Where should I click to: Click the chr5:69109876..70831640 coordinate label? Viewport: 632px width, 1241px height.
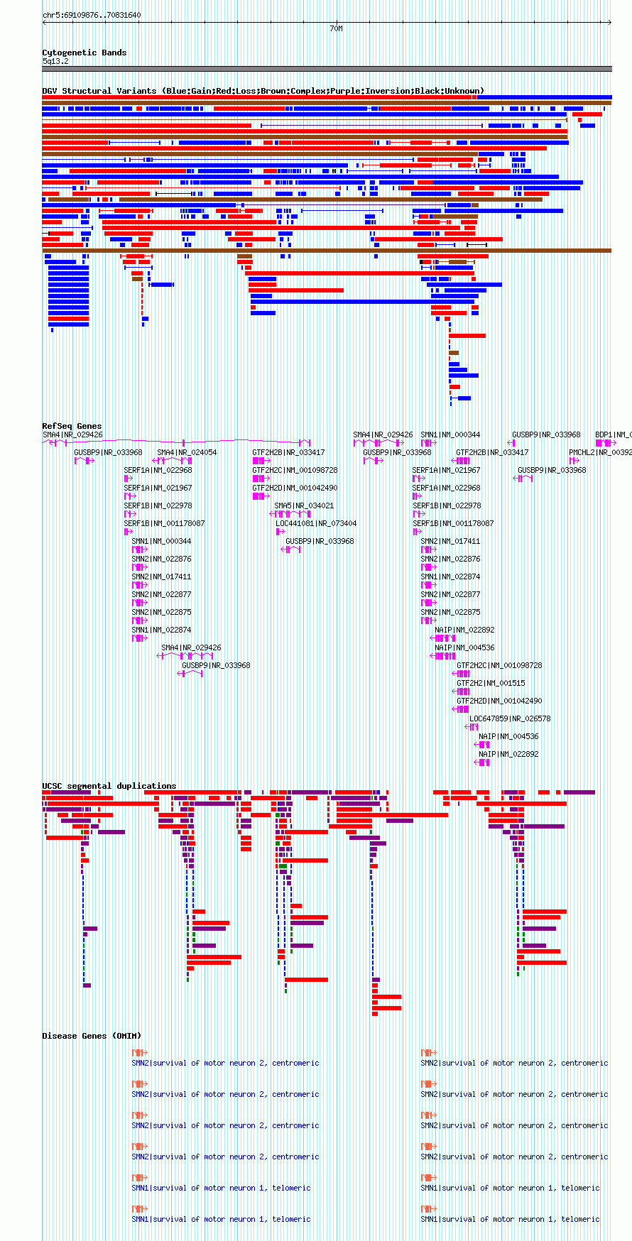pos(92,15)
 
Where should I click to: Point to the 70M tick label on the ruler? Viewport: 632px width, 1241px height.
pos(336,28)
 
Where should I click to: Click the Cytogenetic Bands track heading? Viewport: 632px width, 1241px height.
pos(84,53)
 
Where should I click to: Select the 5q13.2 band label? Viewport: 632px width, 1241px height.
pos(55,61)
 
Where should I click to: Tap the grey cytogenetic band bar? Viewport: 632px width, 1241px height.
pos(327,69)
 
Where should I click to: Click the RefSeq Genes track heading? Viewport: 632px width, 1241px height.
pos(72,426)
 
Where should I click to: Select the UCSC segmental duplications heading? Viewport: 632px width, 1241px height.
pos(109,786)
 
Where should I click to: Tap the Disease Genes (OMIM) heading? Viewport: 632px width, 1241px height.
pos(92,1036)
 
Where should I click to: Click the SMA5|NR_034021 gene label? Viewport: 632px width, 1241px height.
pos(304,505)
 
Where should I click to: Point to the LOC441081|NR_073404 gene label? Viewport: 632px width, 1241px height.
pos(316,523)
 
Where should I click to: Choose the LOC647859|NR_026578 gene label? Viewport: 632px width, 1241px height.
pos(510,718)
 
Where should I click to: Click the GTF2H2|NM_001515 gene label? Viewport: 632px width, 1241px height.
pos(491,683)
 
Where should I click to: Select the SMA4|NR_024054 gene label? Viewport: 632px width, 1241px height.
pos(187,452)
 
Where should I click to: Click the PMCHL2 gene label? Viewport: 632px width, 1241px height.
pos(599,452)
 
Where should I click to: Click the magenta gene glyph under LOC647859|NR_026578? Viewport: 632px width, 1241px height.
pos(472,727)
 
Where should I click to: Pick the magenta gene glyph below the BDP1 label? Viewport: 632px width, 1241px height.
pos(605,443)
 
